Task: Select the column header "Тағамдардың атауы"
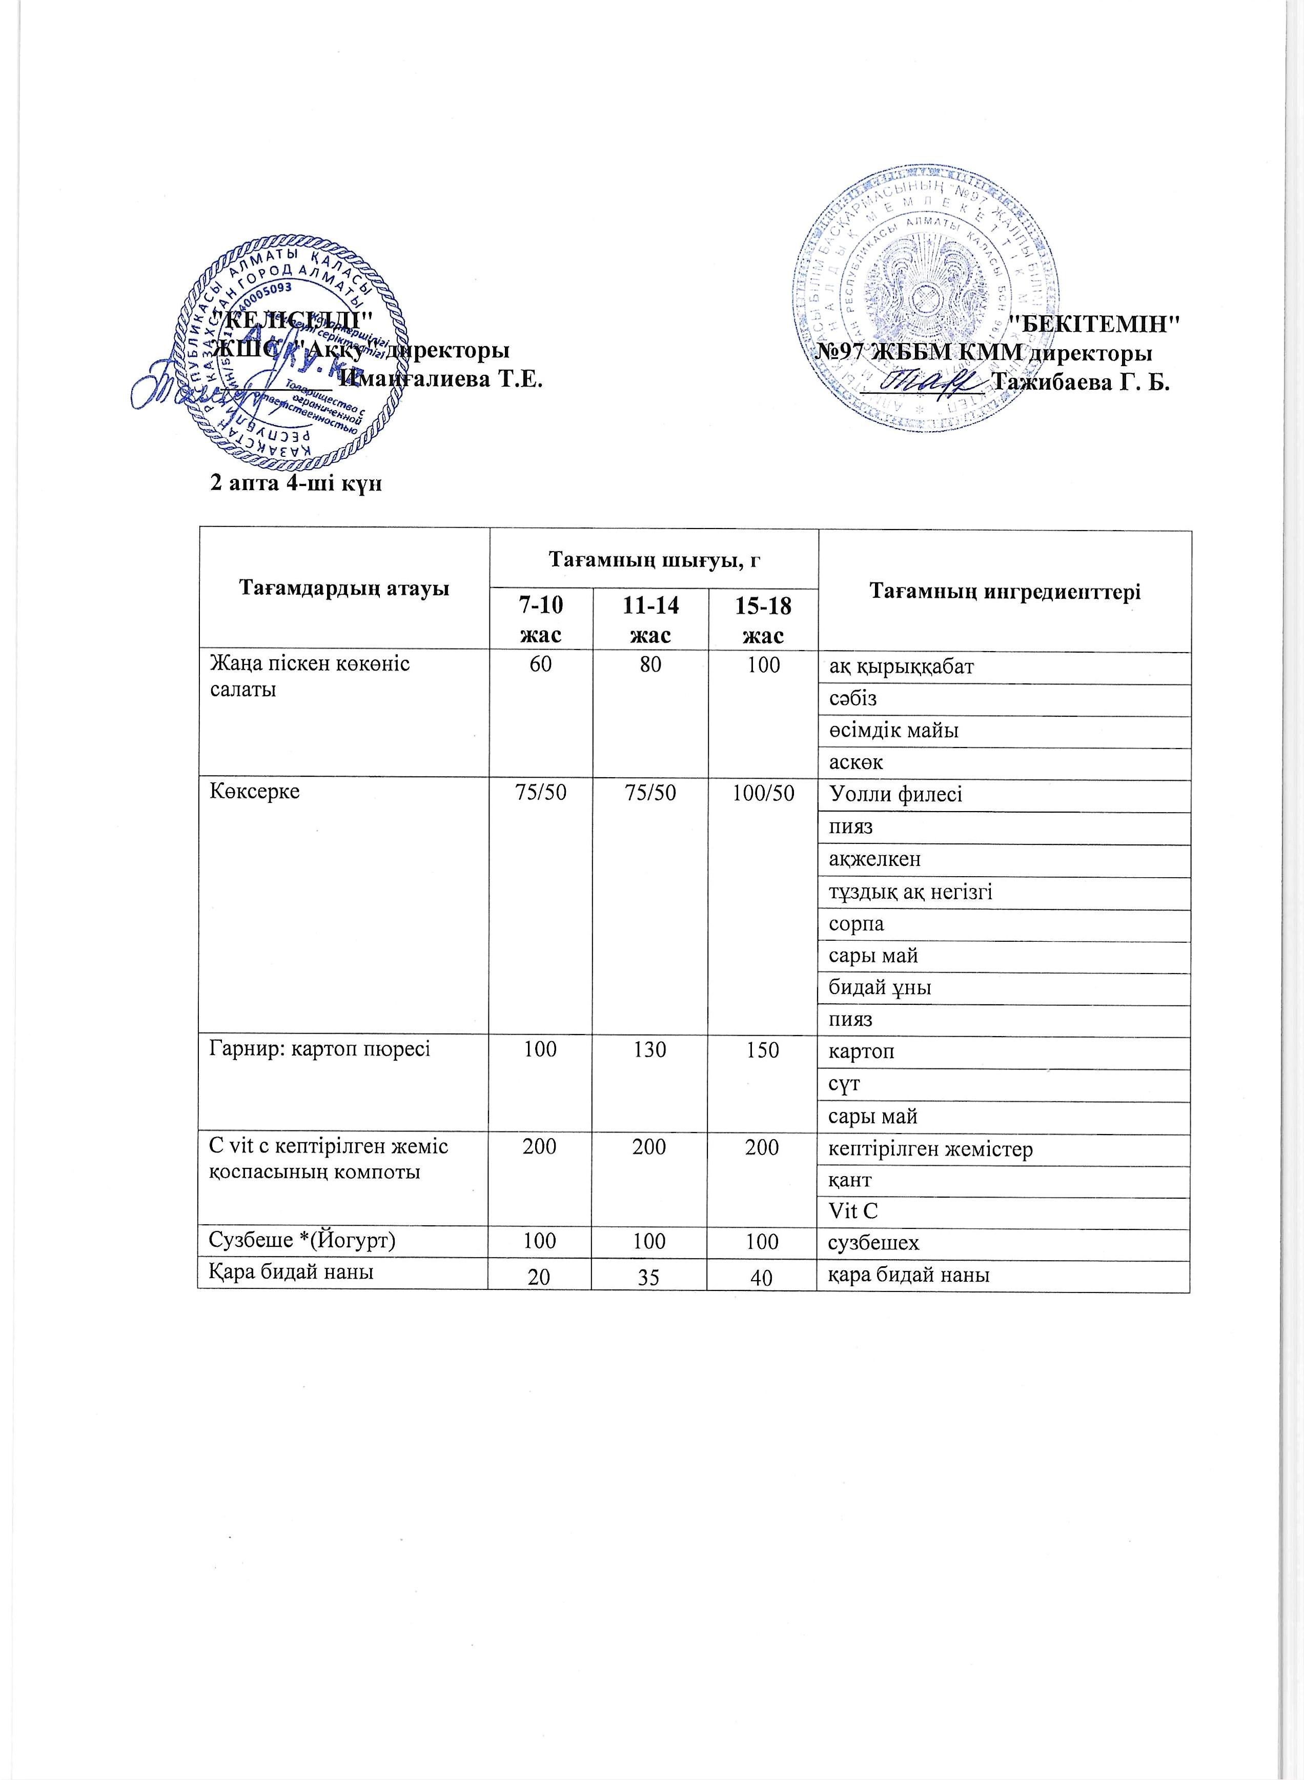click(344, 588)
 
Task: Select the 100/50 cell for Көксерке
click(763, 793)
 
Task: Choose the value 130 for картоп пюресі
click(649, 1050)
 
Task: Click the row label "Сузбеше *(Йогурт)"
click(301, 1241)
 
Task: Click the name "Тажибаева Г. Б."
click(1082, 383)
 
